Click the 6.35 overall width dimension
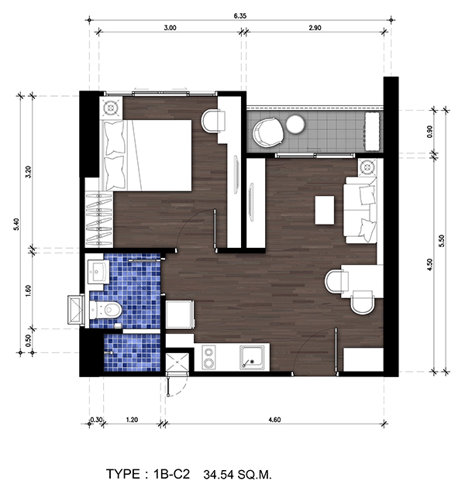239,16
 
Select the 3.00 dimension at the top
170,28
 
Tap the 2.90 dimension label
315,28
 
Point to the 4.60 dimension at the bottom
274,420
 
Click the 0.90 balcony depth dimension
429,131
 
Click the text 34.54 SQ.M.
237,475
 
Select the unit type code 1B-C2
172,474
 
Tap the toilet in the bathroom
105,309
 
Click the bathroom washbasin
98,272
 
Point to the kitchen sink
252,357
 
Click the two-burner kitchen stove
208,357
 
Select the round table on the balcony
295,124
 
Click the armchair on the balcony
268,132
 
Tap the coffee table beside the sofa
324,210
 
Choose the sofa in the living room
360,210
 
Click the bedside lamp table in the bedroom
111,108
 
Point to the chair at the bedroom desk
213,121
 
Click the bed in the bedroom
146,156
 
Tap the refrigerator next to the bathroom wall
180,314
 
